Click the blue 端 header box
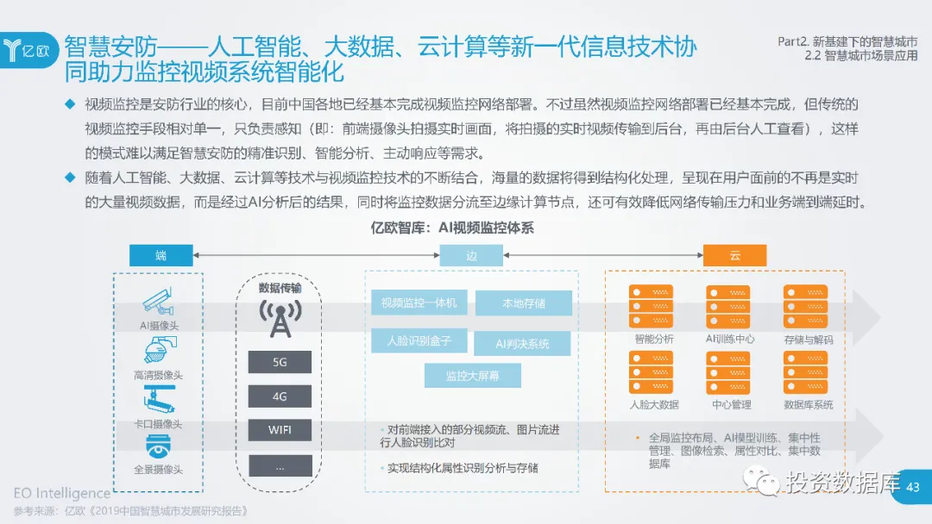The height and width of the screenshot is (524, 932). click(161, 256)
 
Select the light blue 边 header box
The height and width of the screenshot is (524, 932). click(471, 256)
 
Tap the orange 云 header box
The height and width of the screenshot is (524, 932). click(734, 256)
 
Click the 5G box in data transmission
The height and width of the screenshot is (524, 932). click(280, 362)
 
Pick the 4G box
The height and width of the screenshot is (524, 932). click(280, 396)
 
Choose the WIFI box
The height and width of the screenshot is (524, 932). click(280, 429)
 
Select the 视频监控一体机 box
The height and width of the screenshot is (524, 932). click(419, 303)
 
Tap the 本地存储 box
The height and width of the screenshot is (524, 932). click(523, 303)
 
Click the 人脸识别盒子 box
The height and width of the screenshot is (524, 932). click(419, 340)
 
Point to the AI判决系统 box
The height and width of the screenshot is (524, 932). click(522, 343)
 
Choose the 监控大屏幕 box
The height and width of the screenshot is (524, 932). click(472, 376)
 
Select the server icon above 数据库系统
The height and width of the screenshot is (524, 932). click(805, 372)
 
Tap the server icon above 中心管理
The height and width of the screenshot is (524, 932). click(727, 372)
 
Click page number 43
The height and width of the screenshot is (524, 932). click(913, 487)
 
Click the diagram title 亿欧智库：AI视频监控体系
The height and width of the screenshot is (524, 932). click(464, 228)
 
